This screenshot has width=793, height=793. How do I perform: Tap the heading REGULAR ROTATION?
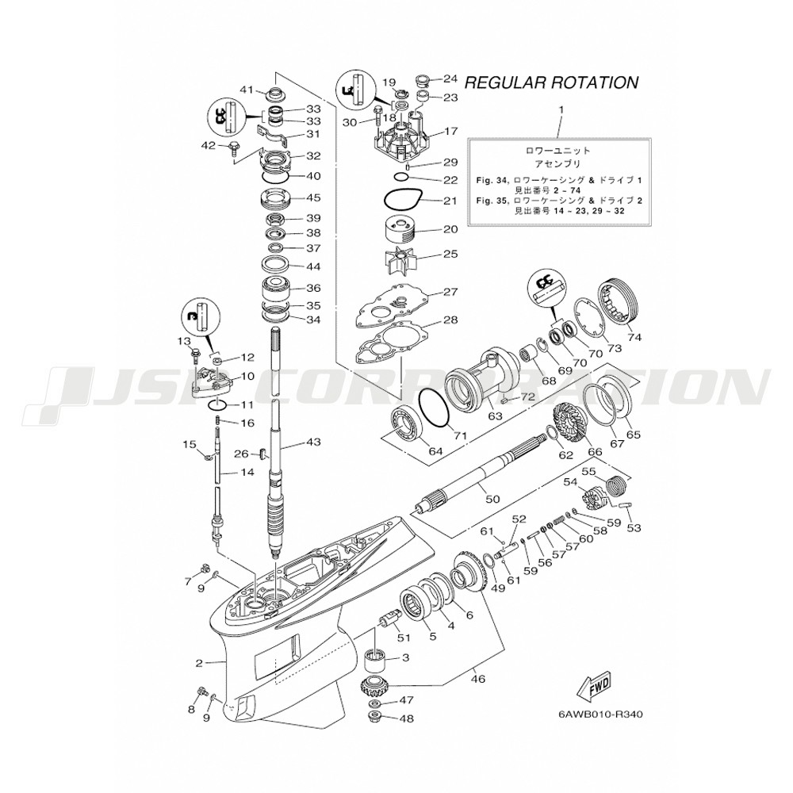coord(551,82)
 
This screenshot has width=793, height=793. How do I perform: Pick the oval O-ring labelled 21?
coord(404,200)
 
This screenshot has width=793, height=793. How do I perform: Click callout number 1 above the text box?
coord(561,109)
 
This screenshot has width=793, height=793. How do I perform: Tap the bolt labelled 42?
coord(236,147)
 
